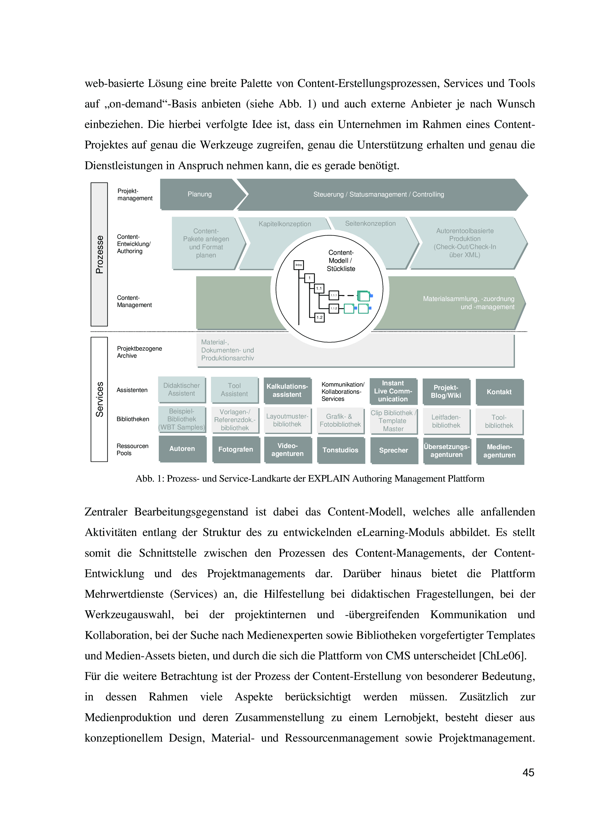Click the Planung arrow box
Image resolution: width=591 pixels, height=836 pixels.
tap(200, 194)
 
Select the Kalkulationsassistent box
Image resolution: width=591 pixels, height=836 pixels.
tap(287, 391)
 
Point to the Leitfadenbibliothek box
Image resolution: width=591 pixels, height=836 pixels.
tap(446, 422)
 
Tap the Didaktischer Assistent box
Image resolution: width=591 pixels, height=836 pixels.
tap(181, 390)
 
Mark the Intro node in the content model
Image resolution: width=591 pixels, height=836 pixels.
tap(298, 265)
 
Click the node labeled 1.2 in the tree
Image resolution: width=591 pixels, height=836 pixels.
tap(319, 317)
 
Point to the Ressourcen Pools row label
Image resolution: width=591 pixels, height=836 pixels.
tap(132, 450)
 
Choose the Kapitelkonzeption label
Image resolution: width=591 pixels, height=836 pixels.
tap(285, 224)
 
